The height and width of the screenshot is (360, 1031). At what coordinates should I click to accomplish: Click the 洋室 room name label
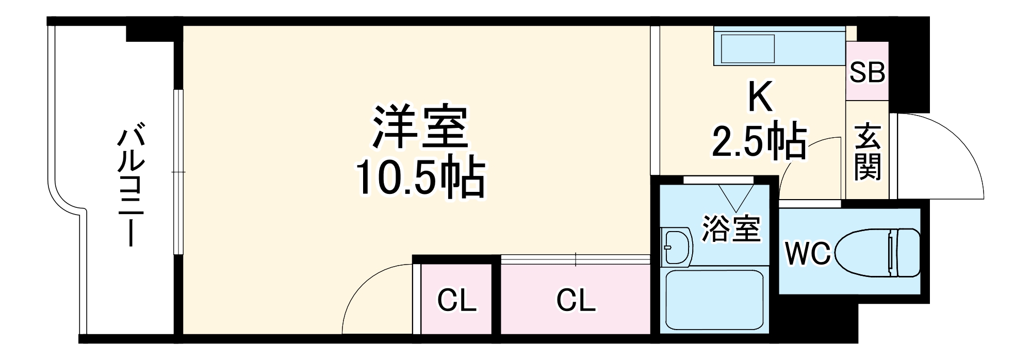coord(420,127)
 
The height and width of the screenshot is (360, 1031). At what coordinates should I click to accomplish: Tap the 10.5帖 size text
coord(420,177)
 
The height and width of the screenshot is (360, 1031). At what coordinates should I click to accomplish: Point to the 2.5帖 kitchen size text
coord(759,140)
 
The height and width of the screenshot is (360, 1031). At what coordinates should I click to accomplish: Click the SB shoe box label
coord(867,72)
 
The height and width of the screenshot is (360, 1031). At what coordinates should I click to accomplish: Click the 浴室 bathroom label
coord(731,229)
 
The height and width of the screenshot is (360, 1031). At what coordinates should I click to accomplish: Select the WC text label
coord(807,253)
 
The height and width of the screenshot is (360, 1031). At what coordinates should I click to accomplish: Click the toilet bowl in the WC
coord(877,252)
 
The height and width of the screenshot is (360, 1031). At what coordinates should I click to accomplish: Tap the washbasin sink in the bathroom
coord(676,247)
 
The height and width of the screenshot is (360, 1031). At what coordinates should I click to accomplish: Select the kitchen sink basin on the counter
coord(747,49)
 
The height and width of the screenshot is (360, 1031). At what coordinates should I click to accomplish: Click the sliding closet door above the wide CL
coord(575,259)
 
